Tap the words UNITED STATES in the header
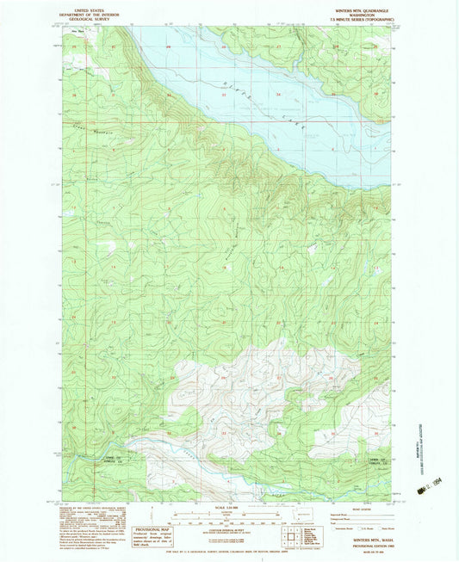pos(99,7)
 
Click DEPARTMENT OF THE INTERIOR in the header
pos(99,12)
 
